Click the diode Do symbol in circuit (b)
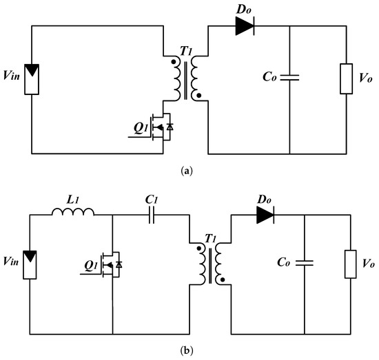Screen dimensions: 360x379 click(267, 213)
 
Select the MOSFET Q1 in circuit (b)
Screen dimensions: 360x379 click(112, 265)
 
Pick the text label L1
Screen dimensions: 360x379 click(74, 199)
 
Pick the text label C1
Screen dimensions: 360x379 click(152, 198)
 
